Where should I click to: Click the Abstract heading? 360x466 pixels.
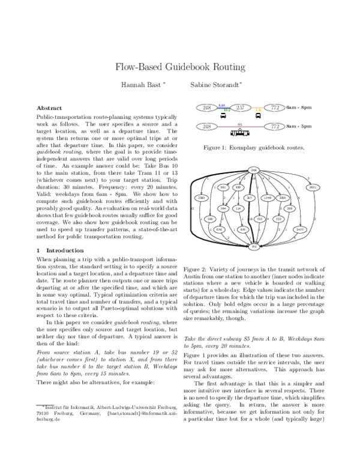49,107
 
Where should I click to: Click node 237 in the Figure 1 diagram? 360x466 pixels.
241,107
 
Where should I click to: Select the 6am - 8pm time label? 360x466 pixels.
299,107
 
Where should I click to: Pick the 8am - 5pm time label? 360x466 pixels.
299,127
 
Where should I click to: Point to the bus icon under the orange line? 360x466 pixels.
258,117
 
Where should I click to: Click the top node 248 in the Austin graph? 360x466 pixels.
253,171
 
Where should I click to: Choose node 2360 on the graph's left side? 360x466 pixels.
202,198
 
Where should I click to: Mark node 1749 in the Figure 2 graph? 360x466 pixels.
268,198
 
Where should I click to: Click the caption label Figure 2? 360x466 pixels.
196,270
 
